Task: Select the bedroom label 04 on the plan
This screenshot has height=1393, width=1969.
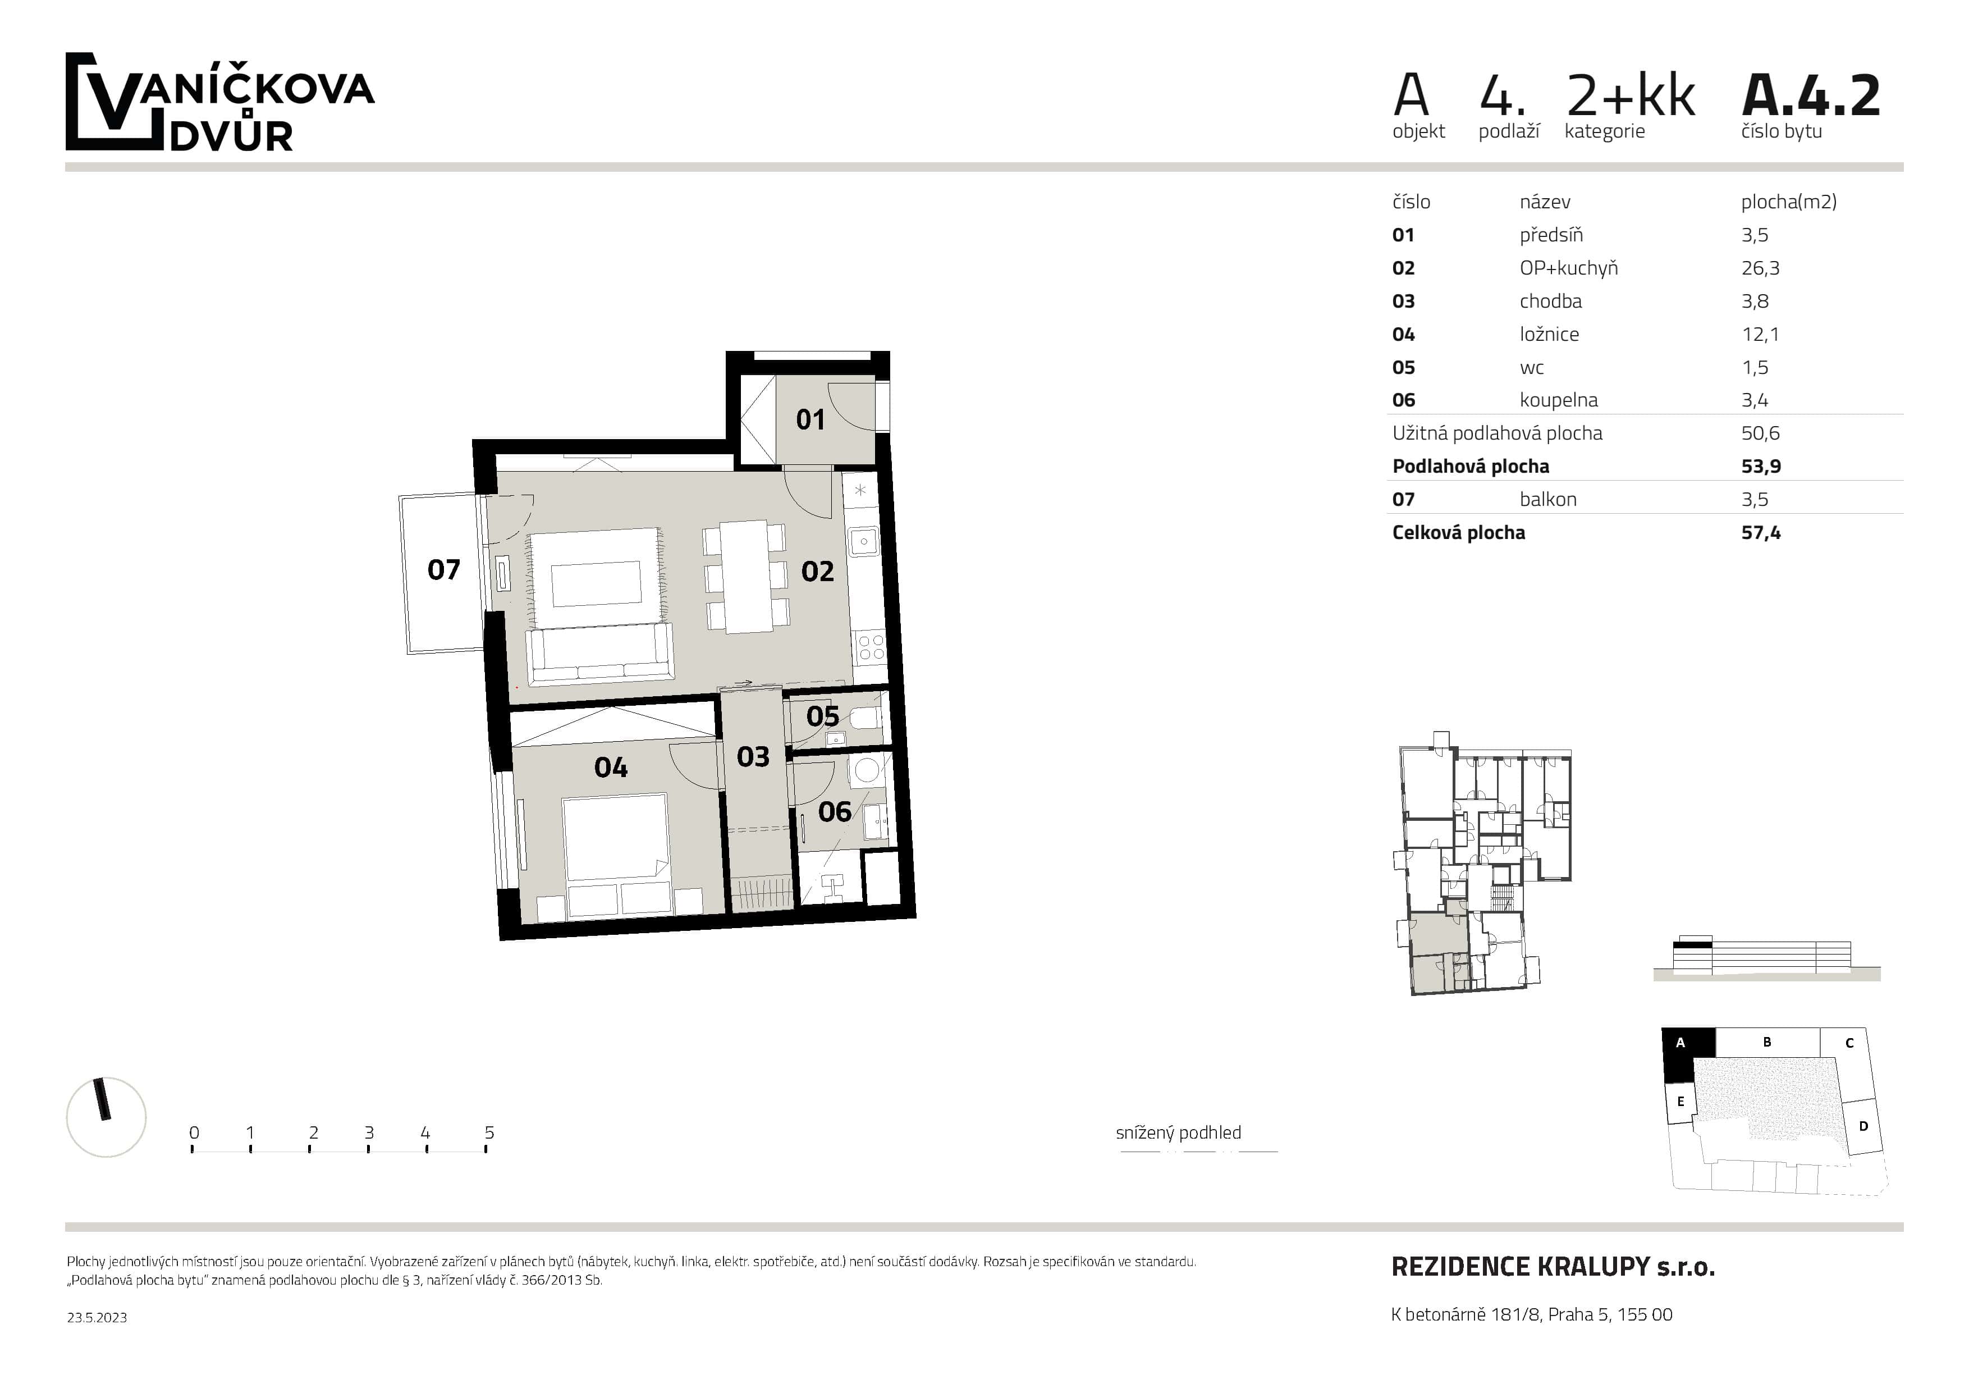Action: tap(611, 767)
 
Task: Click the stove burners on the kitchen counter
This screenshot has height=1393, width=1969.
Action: tap(871, 647)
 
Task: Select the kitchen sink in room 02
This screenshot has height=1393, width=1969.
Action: tap(862, 541)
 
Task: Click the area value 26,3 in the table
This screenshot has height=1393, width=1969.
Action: tap(1760, 268)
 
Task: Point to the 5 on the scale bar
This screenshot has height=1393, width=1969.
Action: tap(489, 1132)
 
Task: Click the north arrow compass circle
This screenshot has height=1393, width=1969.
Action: tap(106, 1117)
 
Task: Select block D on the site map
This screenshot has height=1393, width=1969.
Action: tap(1863, 1126)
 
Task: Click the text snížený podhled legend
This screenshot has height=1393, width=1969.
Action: tap(1178, 1132)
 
